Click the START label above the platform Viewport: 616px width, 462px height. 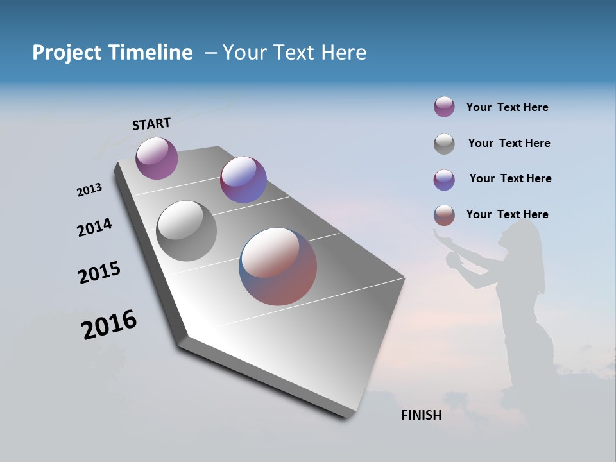tap(151, 124)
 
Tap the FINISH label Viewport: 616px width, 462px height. tap(422, 415)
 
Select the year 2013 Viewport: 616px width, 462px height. tap(90, 190)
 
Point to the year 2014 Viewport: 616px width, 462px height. tap(95, 227)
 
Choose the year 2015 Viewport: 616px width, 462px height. tap(99, 272)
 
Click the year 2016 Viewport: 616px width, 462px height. tap(109, 325)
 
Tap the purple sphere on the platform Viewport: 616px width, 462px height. tap(157, 158)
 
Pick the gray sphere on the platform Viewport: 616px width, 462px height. tap(187, 231)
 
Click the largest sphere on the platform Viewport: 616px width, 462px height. tap(278, 266)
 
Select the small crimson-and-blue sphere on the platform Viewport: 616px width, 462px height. tap(243, 180)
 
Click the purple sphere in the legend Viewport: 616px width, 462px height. tap(444, 107)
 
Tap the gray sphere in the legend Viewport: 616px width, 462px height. tap(444, 144)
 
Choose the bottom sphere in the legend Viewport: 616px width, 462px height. tap(444, 215)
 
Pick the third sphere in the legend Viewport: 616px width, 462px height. tap(444, 180)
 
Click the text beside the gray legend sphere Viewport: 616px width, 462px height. tap(509, 143)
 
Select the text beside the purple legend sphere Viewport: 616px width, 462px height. tap(507, 107)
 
